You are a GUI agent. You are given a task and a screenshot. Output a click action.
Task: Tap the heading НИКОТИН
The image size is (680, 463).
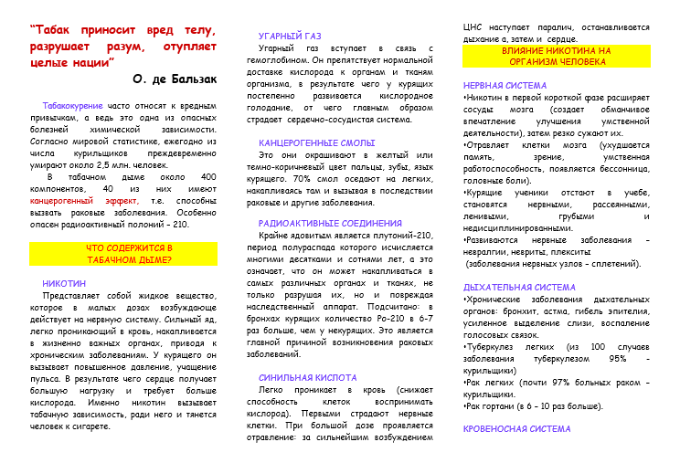[64, 284]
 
